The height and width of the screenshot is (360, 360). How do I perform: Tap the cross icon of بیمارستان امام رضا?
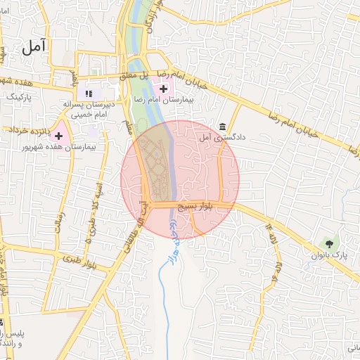[x=164, y=89]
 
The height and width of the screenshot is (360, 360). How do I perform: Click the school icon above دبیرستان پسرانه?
[x=89, y=93]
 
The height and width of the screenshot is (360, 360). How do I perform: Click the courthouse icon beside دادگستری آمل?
[x=223, y=127]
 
